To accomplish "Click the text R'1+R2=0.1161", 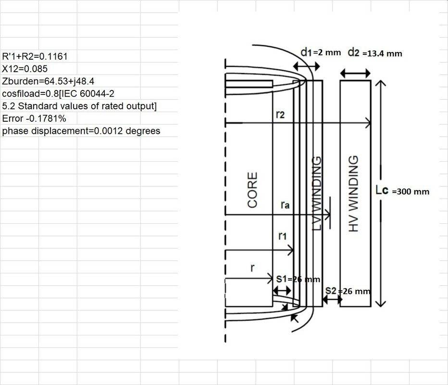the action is tap(35, 56).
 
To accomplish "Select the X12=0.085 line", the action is tap(25, 69).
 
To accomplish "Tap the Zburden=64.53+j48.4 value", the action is tap(48, 81).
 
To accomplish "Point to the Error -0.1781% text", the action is tap(34, 118).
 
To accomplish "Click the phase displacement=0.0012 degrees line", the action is tap(81, 131).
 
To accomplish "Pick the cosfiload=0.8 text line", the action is tap(58, 94).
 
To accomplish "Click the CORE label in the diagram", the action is tap(252, 190).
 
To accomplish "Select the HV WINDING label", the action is tap(353, 193).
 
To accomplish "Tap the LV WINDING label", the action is tap(317, 193).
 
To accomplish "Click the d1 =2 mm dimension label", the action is tap(321, 52).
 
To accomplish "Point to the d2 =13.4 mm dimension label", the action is tap(374, 53).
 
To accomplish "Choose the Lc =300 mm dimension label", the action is tap(402, 191).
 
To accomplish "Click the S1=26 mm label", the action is tap(298, 279).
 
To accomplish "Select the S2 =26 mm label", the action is tap(348, 291).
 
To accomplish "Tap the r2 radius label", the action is tap(280, 115).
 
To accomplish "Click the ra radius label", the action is tap(285, 205).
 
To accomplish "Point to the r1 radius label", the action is tap(282, 236).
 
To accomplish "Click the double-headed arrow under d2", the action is tap(355, 74).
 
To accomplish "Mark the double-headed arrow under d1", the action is tap(307, 66).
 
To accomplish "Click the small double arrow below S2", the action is tap(332, 300).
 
